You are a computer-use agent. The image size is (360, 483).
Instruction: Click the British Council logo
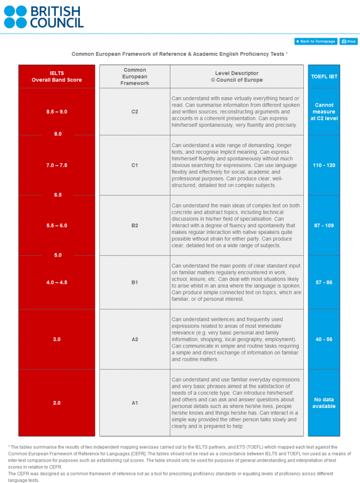click(43, 17)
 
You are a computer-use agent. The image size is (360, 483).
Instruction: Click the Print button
click(349, 42)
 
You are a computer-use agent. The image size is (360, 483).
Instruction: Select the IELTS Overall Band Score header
click(57, 76)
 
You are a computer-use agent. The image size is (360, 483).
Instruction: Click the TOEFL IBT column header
click(324, 76)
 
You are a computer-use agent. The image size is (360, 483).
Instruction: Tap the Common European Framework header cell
click(134, 76)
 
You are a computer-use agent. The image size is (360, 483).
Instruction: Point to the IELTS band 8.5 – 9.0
click(57, 112)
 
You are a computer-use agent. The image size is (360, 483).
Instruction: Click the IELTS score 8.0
click(58, 134)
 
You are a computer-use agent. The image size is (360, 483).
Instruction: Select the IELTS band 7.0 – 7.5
click(57, 166)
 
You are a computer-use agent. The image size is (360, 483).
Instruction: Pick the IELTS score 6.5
click(58, 195)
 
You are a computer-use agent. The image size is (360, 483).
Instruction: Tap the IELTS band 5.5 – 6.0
click(57, 225)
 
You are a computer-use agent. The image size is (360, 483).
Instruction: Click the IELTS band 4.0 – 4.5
click(57, 283)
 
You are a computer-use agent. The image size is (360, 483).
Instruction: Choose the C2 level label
click(134, 112)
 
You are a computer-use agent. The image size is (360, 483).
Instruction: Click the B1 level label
click(134, 283)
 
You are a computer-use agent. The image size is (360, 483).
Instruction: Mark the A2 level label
click(134, 339)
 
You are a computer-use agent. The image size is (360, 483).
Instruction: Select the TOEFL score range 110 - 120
click(324, 166)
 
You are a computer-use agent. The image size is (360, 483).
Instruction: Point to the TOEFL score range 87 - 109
click(324, 225)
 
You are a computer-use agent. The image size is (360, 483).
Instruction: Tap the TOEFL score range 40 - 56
click(324, 339)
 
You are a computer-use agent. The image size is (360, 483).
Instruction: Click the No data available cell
click(324, 403)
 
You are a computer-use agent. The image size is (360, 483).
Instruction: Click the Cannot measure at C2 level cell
click(324, 112)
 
